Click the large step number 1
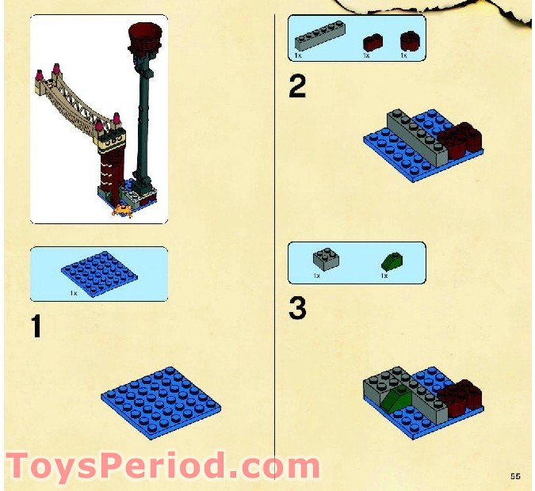[36, 327]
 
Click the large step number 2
[296, 86]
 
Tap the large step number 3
[297, 309]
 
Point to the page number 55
[515, 475]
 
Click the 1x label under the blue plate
[74, 293]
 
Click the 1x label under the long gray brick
[298, 56]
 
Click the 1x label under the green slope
[384, 276]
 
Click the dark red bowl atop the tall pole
[143, 36]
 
